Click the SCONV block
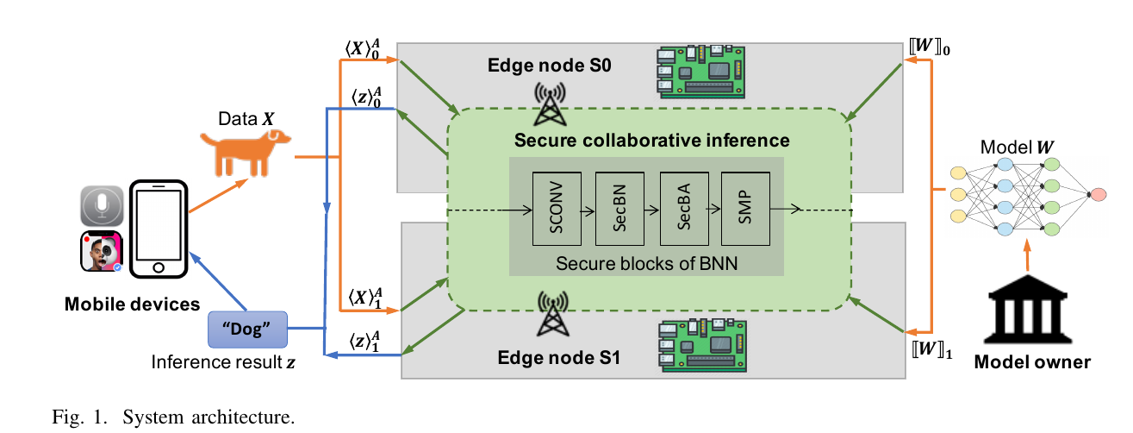click(557, 210)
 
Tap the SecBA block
click(682, 210)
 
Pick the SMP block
click(744, 210)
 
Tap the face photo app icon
click(101, 252)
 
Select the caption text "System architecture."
click(209, 418)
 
